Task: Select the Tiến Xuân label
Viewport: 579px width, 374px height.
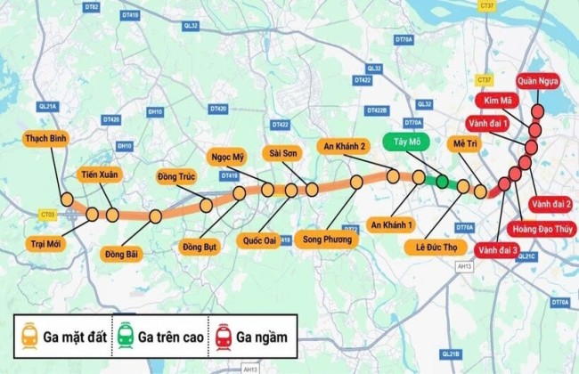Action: (98, 175)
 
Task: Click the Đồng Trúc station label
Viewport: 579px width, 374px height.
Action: (175, 175)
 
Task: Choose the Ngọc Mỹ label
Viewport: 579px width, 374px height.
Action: (228, 158)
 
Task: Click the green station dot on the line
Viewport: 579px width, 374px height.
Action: (442, 182)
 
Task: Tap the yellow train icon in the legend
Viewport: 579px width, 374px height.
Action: (30, 336)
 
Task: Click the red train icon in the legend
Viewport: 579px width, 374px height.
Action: (221, 336)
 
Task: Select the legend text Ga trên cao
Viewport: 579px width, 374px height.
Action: (167, 337)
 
